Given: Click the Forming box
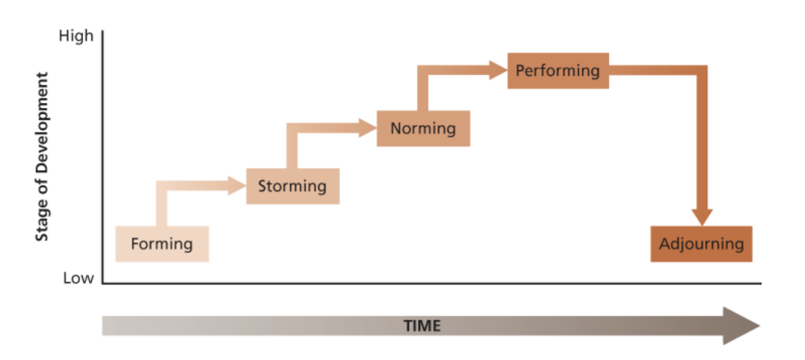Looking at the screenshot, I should (162, 244).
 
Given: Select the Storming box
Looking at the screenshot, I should (292, 186).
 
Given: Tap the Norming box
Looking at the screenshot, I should (423, 129).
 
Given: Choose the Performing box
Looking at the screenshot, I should (557, 71).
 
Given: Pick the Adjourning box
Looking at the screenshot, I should (701, 244).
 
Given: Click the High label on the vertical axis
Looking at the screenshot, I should (76, 36).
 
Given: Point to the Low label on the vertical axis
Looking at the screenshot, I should (79, 278).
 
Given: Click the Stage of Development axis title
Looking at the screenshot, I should (43, 156).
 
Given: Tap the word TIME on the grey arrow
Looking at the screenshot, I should (422, 325).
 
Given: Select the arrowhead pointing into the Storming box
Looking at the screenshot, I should (237, 186).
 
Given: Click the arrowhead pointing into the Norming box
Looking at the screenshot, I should (368, 129).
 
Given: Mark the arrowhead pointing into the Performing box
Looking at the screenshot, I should (499, 71).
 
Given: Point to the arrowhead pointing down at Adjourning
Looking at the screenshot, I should (702, 216).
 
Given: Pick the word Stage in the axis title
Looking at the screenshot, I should (43, 221).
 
